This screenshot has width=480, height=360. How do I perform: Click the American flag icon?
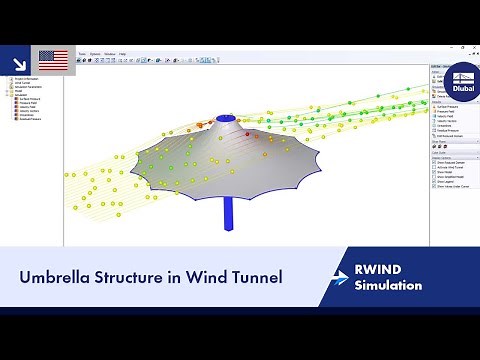pyautogui.click(x=53, y=59)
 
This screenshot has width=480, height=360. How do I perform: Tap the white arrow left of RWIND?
pyautogui.click(x=341, y=277)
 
